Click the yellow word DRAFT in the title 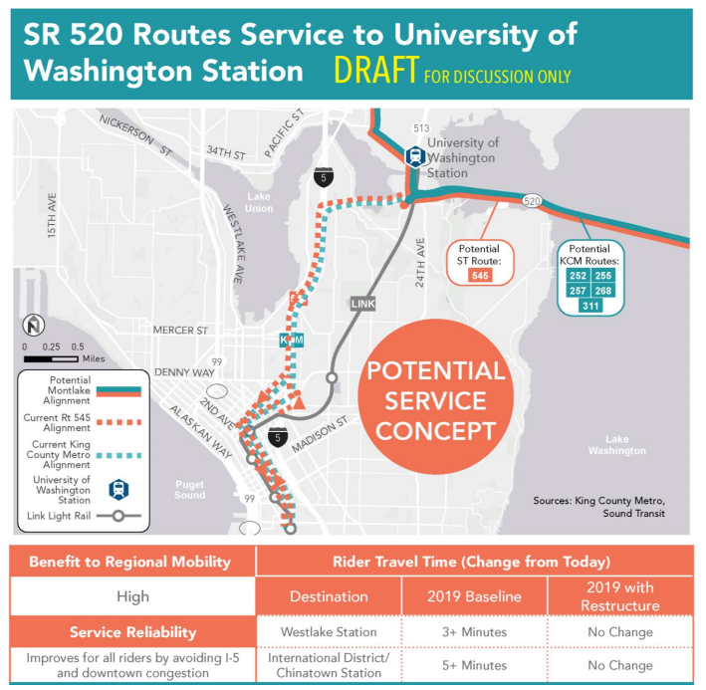coord(375,71)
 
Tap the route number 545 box coord(481,275)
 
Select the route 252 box coord(578,275)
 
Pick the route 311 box coord(589,305)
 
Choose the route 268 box coord(602,290)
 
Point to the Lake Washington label coord(616,445)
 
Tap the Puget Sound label coord(190,490)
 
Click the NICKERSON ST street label coord(134,132)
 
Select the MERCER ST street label coord(180,330)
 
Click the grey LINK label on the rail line coord(361,303)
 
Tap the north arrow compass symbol coord(34,325)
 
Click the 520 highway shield coord(534,200)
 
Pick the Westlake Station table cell coord(328,632)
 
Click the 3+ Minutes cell coord(475,632)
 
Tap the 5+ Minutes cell coord(475,664)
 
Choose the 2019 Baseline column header coord(475,597)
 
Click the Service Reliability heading coord(132,632)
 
